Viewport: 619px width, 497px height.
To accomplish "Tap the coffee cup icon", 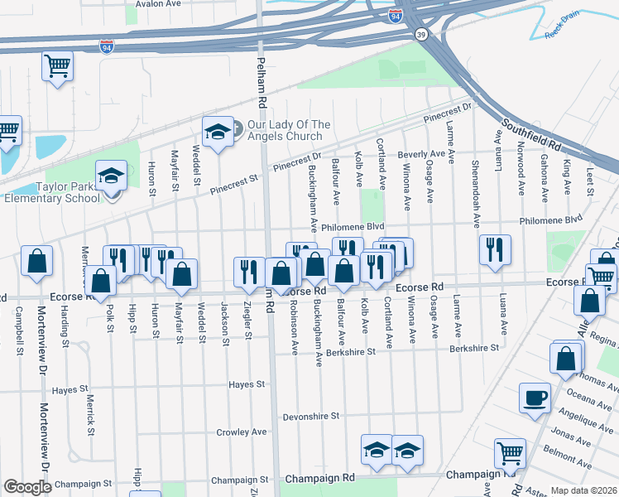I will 535,398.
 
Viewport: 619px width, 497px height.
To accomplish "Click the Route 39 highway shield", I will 421,34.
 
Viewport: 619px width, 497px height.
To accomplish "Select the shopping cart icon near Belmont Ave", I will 510,452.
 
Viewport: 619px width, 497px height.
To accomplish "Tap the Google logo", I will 27,487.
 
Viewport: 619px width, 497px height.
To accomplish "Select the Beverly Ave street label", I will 421,155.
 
